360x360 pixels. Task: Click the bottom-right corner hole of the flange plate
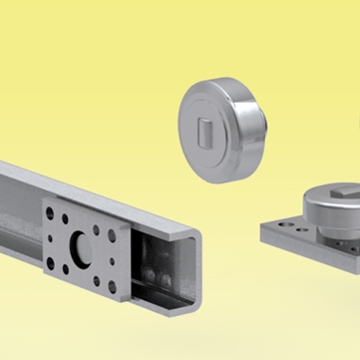click(111, 290)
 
